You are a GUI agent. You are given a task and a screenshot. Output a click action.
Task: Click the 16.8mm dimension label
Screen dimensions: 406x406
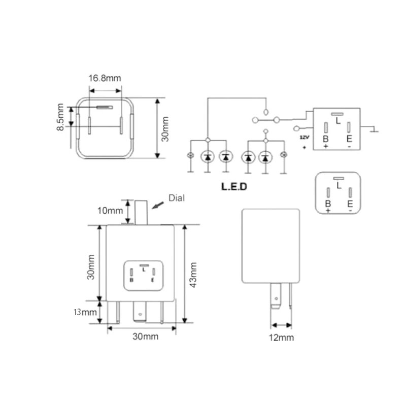point(105,78)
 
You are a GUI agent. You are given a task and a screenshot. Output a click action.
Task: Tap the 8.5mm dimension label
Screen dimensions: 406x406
point(60,118)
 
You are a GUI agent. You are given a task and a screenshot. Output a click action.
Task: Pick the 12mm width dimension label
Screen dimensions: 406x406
point(281,337)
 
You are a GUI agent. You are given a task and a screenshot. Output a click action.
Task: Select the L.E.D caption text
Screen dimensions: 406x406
point(233,186)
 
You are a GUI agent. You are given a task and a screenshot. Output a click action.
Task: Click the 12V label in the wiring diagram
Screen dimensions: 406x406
point(304,138)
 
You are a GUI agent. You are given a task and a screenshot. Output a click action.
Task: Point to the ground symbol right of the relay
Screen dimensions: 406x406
point(374,130)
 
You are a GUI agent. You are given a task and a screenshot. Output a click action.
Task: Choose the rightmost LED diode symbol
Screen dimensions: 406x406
point(264,157)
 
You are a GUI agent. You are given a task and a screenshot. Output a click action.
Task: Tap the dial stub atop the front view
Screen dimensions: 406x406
point(141,212)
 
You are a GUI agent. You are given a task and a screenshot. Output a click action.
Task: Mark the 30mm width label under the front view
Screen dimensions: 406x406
point(145,336)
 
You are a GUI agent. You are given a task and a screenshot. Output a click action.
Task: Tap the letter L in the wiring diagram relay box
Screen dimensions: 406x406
point(338,120)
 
